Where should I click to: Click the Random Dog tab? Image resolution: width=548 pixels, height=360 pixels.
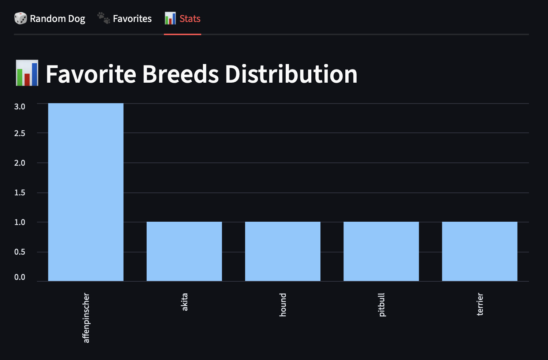tap(57, 19)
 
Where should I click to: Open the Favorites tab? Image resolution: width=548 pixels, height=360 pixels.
tap(132, 19)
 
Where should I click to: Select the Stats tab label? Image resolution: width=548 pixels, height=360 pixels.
tap(190, 19)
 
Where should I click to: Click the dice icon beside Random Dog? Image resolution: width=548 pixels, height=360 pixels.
tap(20, 18)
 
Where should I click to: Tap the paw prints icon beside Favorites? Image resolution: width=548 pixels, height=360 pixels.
tap(104, 18)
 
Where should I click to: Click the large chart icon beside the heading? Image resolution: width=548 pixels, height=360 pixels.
tap(27, 73)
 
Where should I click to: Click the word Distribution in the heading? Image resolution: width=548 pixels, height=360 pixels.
tap(291, 74)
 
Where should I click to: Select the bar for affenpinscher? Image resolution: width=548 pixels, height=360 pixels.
tap(86, 192)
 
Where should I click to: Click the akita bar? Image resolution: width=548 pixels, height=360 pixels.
tap(184, 251)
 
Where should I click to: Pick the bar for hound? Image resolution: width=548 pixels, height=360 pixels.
tap(282, 251)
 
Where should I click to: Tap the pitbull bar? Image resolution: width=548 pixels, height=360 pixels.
tap(381, 251)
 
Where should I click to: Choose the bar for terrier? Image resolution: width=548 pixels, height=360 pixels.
tap(480, 251)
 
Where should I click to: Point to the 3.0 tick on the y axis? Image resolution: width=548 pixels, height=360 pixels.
tap(20, 106)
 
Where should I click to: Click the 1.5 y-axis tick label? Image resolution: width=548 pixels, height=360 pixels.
tap(20, 192)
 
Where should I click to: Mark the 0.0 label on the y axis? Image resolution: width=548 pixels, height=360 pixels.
tap(20, 277)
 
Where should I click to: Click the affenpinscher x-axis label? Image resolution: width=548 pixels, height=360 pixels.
tap(86, 318)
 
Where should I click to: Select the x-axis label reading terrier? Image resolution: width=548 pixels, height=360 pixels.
tap(480, 304)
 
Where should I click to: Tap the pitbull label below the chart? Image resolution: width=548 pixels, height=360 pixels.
tap(382, 305)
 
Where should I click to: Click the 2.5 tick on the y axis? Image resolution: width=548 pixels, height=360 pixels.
tap(20, 133)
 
